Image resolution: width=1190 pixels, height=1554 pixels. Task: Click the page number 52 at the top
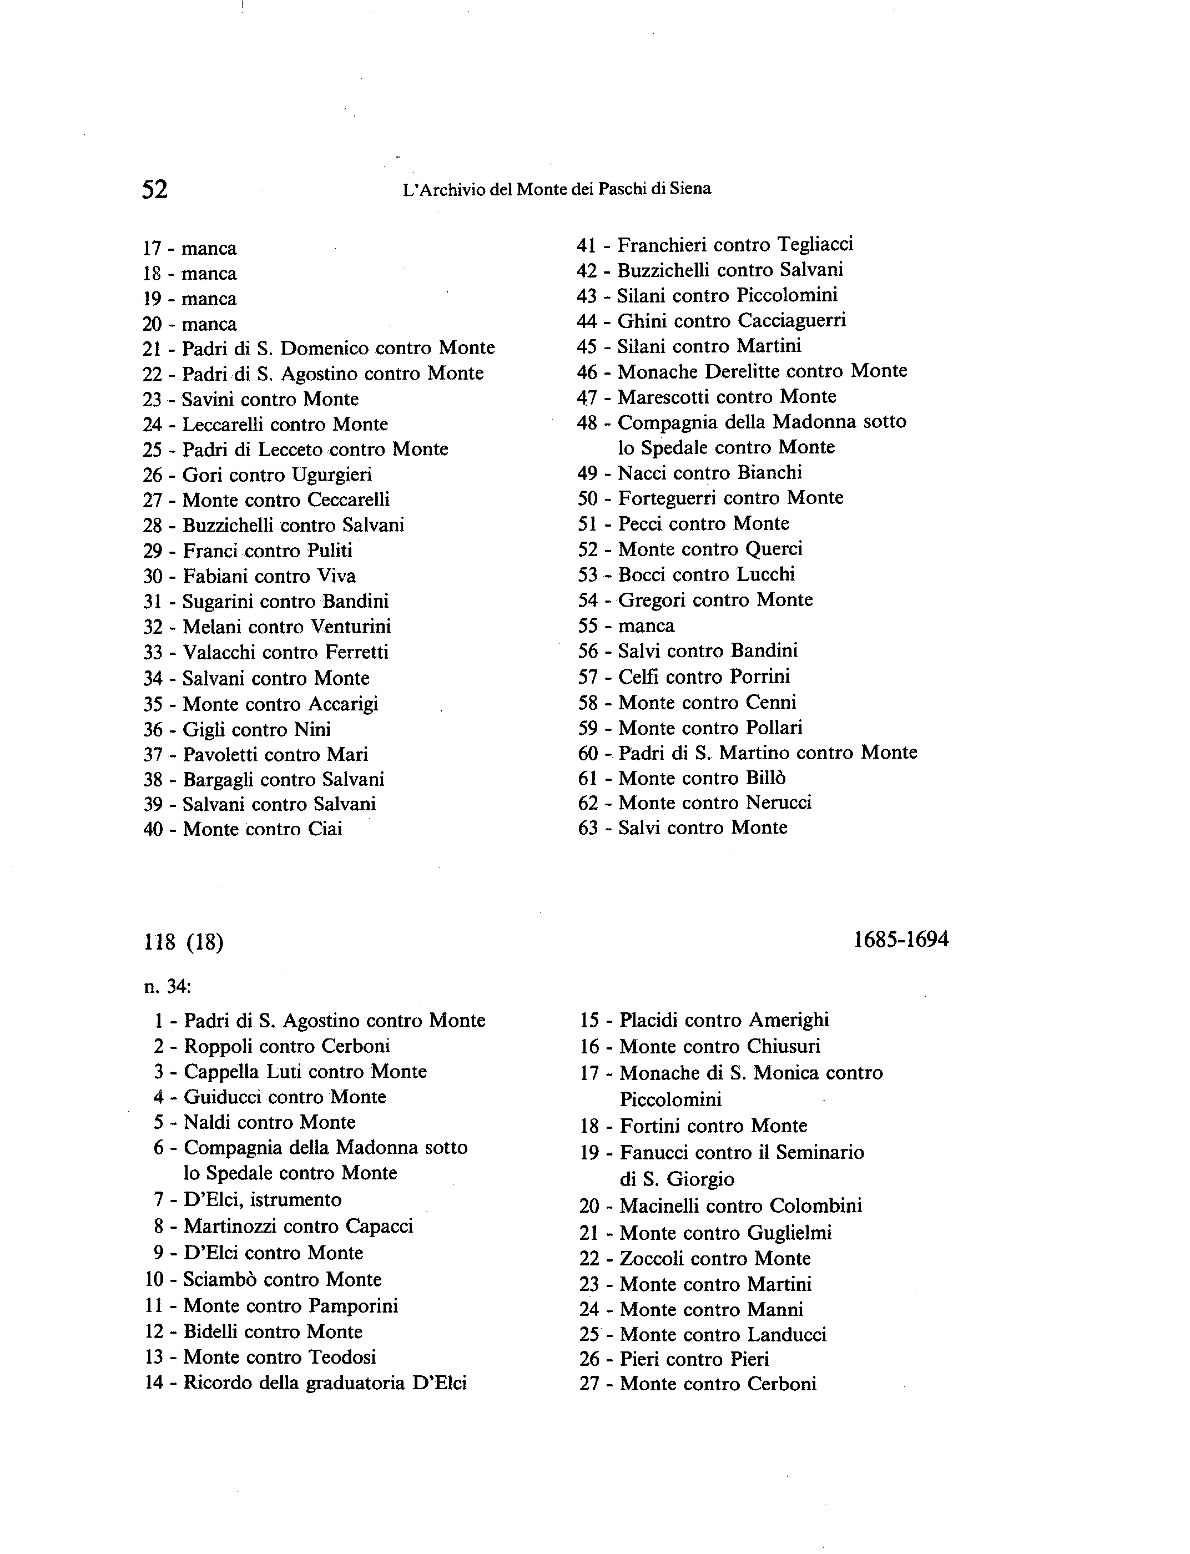pos(155,189)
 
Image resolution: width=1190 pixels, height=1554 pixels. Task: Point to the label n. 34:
pos(167,986)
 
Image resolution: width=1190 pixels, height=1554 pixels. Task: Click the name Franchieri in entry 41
pos(662,244)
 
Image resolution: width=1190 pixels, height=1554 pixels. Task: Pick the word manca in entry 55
pos(646,625)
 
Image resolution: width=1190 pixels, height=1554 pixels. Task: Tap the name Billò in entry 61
pos(765,778)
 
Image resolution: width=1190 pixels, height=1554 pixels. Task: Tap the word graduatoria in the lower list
pos(356,1383)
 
